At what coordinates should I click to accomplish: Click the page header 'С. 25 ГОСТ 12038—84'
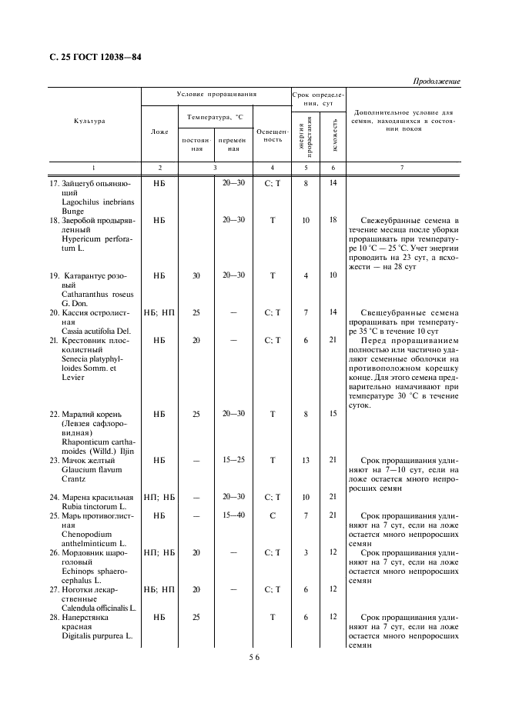click(89, 57)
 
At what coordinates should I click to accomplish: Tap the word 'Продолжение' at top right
click(437, 81)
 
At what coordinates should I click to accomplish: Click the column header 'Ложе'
click(159, 132)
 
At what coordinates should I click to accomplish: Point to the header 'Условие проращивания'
click(216, 95)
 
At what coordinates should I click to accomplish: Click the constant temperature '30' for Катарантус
click(196, 275)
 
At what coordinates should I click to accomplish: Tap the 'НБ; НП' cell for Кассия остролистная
click(159, 312)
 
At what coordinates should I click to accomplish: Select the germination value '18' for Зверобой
click(333, 220)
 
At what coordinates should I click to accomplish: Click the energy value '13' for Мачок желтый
click(306, 460)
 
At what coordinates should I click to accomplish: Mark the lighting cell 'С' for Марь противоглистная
click(273, 515)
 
